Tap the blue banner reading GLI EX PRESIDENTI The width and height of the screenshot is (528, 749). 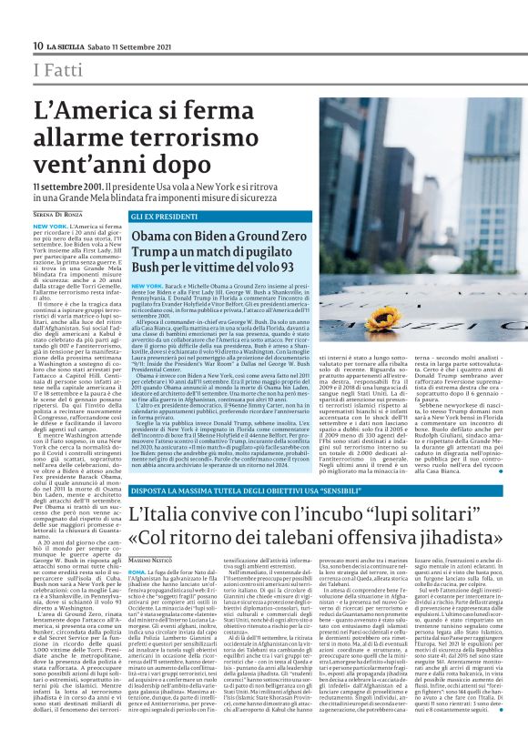[161, 218]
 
